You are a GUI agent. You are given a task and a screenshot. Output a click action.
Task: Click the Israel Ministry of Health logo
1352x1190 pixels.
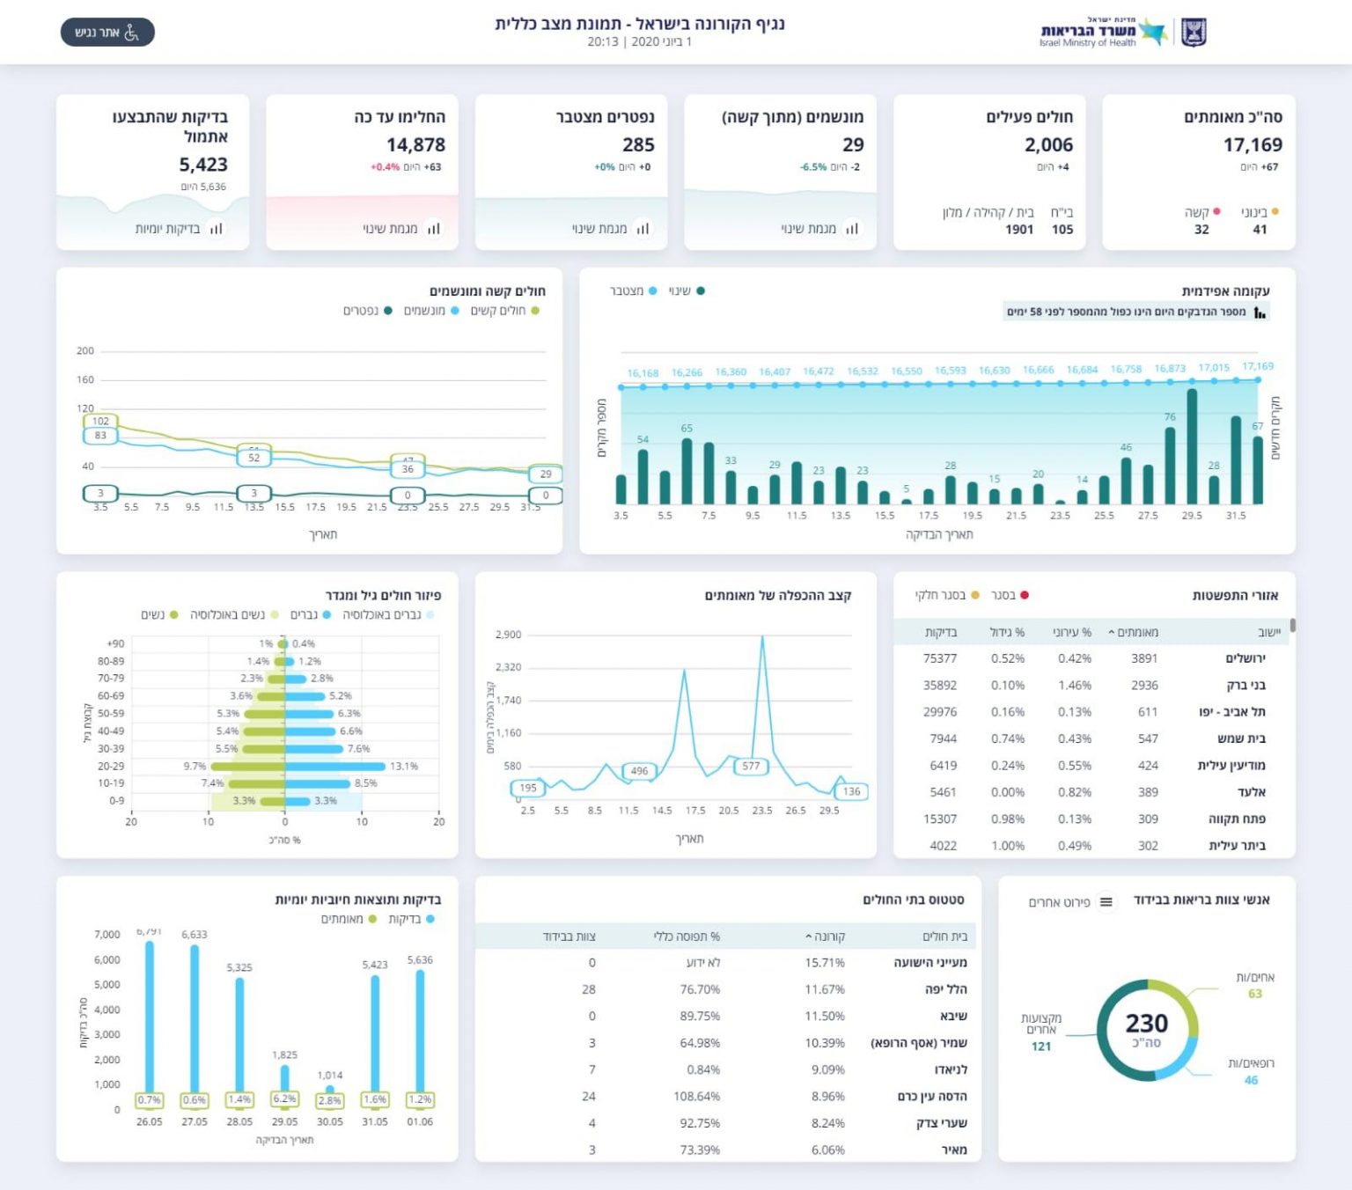tap(1121, 32)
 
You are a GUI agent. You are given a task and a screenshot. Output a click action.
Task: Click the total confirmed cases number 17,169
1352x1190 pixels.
tap(1253, 144)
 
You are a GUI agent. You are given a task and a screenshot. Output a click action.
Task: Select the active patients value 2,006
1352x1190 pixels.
tap(1048, 144)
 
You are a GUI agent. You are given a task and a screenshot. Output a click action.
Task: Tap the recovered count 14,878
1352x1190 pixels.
tap(415, 144)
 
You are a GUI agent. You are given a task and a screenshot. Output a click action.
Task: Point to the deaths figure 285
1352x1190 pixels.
tap(638, 144)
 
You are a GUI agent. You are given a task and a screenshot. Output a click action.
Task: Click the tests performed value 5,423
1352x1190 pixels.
tap(203, 165)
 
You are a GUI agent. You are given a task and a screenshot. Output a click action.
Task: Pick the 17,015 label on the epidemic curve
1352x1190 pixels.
tap(1214, 368)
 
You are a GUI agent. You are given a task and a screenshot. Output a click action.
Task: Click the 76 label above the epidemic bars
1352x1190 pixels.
tap(1170, 416)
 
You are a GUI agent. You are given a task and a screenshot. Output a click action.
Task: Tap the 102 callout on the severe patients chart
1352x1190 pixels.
tap(101, 422)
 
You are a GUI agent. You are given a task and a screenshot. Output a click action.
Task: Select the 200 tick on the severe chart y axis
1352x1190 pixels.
tap(85, 350)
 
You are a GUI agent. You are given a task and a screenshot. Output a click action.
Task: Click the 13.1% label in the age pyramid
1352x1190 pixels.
tap(404, 766)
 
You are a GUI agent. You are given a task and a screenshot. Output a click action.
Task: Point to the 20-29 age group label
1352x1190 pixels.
tap(111, 766)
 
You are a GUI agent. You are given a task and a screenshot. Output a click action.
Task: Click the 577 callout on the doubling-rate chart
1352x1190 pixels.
tap(751, 766)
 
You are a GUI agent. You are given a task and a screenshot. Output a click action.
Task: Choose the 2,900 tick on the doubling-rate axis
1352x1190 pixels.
tap(508, 635)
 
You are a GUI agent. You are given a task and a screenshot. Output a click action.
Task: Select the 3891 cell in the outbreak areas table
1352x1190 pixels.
tap(1144, 658)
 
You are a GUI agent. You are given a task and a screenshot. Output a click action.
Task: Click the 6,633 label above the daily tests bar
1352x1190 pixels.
tap(195, 935)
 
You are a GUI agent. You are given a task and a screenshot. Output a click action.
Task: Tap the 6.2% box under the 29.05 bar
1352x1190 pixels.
tap(284, 1099)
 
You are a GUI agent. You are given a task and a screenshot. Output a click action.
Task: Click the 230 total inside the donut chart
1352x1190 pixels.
tap(1147, 1024)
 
